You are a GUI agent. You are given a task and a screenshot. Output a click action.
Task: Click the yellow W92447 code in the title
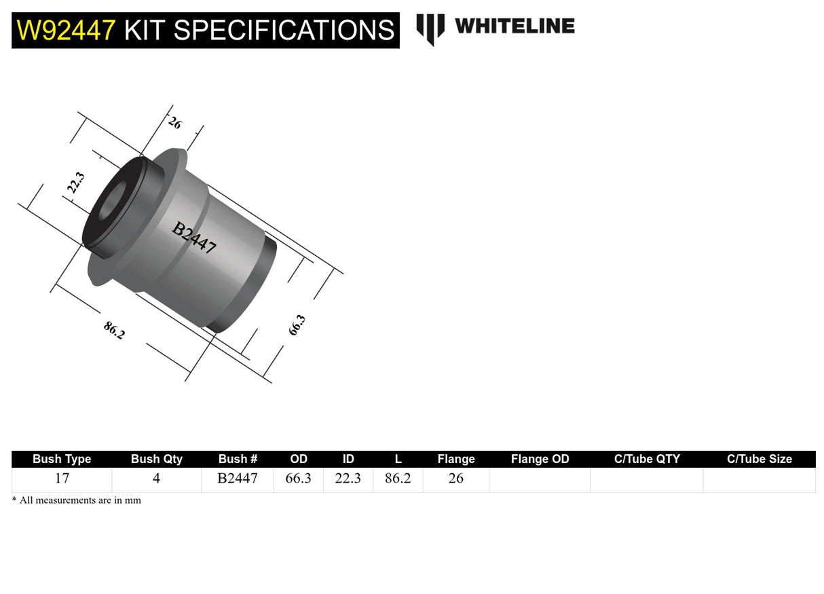coord(65,31)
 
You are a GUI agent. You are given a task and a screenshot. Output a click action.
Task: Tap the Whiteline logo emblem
coord(430,29)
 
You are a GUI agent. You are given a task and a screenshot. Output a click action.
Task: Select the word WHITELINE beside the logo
coord(514,26)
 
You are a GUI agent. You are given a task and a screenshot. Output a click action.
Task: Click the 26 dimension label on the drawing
coord(174,124)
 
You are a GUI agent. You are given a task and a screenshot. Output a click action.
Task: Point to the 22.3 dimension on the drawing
coord(76,183)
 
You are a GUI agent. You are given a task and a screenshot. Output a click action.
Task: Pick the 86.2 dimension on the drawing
coord(114,331)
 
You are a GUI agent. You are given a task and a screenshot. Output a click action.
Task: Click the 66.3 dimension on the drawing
coord(297,325)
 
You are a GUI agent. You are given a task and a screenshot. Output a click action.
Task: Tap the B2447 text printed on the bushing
coord(194,238)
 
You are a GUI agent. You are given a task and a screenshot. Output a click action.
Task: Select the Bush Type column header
coord(62,459)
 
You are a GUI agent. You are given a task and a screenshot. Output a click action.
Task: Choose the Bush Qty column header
coord(156,459)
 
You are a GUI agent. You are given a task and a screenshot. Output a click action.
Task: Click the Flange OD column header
coord(540,459)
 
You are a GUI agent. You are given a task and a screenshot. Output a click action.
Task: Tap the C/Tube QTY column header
coord(646,459)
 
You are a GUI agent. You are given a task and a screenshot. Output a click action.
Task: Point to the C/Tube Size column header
coord(759,459)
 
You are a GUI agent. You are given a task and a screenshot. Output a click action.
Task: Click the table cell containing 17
coord(62,479)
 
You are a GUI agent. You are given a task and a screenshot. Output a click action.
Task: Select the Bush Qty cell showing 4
coord(156,479)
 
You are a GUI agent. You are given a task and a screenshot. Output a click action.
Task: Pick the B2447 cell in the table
coord(238,479)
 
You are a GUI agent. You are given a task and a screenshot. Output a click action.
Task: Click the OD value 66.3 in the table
coord(298,479)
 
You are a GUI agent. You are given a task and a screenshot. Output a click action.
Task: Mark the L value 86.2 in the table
coord(398,479)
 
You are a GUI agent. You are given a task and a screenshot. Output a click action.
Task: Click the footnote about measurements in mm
coord(77,500)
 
